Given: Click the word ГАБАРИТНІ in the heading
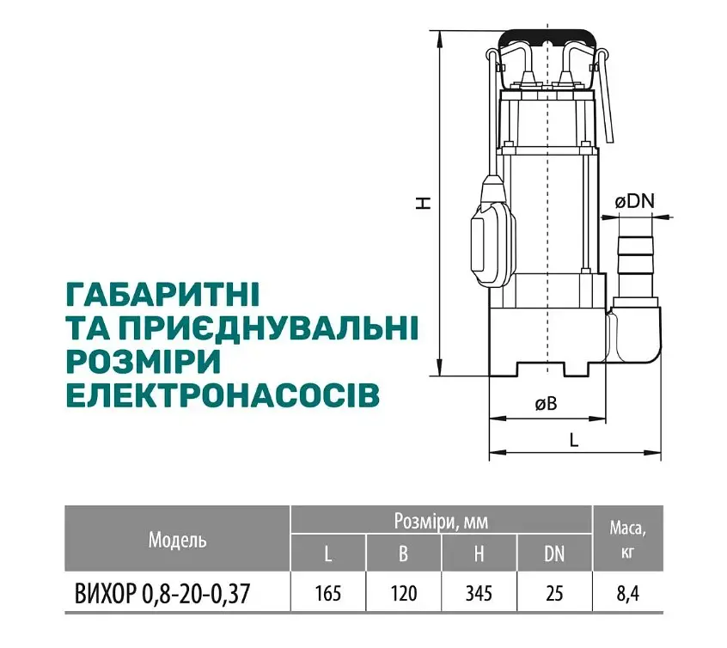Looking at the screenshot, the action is tap(163, 294).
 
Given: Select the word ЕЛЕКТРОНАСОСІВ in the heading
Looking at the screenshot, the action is tap(223, 395).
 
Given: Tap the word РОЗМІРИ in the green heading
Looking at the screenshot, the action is tap(144, 361).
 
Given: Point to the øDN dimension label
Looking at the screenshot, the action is tap(634, 202).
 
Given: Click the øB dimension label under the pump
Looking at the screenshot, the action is tap(546, 404).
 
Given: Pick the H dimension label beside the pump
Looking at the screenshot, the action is tap(423, 203).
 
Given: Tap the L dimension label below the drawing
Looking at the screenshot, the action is tap(574, 440).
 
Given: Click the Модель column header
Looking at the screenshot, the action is tap(177, 540).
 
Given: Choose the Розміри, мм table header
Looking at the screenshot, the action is tap(441, 521).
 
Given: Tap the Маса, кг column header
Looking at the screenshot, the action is tap(627, 539).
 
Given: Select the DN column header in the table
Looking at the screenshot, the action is tap(554, 553).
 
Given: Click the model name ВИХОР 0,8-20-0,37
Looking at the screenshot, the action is tap(162, 593).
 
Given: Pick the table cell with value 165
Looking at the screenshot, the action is tap(327, 593).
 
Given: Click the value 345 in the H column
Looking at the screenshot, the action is tap(479, 593).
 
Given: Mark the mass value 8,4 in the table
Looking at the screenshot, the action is tap(628, 594).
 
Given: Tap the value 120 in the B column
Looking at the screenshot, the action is tap(403, 593).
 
